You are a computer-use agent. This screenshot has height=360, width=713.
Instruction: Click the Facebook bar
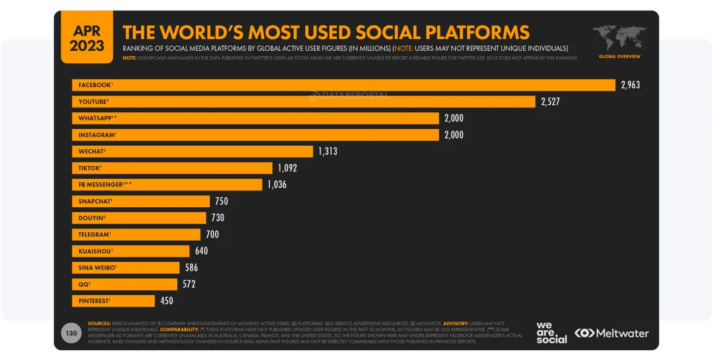pos(343,85)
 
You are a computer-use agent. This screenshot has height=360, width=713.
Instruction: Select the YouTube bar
pos(304,101)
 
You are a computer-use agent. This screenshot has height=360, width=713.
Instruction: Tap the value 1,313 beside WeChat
pos(328,151)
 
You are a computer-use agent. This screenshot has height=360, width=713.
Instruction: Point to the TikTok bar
pos(172,168)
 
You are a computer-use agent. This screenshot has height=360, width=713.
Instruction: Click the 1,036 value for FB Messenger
pos(277,184)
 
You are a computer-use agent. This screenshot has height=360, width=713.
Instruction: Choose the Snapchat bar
pos(141,201)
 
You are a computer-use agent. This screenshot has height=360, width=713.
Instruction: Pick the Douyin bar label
pos(92,218)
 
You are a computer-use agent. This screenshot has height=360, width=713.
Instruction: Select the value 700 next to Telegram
pos(212,235)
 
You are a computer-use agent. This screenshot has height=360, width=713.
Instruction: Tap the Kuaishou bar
pos(131,251)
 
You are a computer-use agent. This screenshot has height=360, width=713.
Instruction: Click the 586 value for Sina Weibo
pos(191,268)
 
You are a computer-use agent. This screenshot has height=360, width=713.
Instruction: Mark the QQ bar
pos(124,284)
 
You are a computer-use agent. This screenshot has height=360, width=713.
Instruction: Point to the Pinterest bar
pos(113,301)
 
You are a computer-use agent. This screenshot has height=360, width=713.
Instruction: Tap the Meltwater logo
pos(612,333)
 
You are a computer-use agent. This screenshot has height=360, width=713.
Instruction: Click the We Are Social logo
pos(551,333)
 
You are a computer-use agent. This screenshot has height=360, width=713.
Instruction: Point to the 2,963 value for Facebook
pos(630,85)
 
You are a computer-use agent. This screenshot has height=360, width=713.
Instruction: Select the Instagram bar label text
pos(96,135)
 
